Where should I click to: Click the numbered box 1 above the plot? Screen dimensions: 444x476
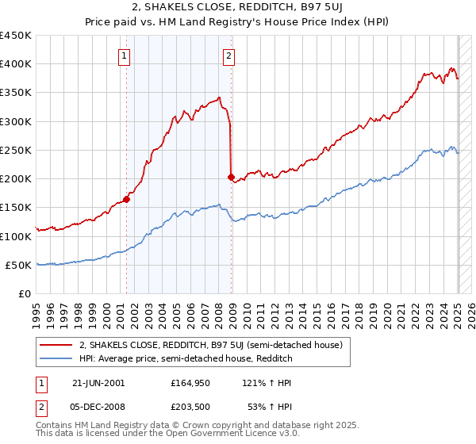pyautogui.click(x=126, y=55)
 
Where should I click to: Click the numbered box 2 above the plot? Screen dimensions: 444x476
pyautogui.click(x=228, y=55)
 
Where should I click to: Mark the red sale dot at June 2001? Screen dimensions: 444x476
pyautogui.click(x=126, y=199)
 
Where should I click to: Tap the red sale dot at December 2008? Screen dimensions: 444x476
pyautogui.click(x=232, y=178)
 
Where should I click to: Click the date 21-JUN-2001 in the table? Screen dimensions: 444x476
pyautogui.click(x=98, y=382)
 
